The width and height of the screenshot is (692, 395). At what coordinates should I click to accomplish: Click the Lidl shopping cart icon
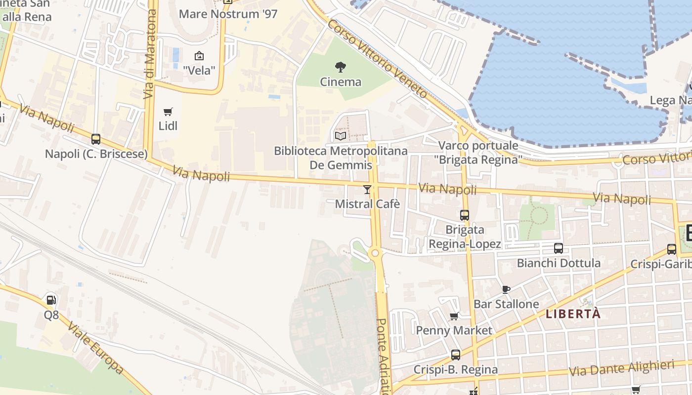point(168,112)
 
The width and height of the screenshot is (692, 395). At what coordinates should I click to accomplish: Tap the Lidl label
point(168,126)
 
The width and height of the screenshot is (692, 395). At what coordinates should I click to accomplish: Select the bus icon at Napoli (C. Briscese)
point(96,139)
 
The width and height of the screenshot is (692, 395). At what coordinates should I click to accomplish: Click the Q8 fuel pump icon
point(51,300)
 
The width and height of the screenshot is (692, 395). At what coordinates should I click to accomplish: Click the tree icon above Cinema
point(341,67)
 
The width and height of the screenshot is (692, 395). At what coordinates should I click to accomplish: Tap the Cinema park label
point(341,81)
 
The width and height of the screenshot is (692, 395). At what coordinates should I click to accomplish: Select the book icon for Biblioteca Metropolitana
point(341,136)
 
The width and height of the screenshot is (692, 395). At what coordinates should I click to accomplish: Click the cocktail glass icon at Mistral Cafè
point(367,189)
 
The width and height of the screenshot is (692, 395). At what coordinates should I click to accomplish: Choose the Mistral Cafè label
point(367,204)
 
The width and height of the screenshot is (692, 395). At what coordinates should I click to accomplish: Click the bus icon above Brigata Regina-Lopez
point(465,215)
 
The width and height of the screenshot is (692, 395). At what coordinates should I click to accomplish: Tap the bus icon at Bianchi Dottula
point(559,248)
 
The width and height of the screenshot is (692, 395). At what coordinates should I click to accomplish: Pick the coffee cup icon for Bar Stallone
point(506,289)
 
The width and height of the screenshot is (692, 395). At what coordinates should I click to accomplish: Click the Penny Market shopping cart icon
point(454,316)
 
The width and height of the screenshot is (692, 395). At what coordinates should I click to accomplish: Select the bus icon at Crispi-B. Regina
point(456,355)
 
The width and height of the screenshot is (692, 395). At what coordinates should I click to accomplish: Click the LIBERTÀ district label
point(573,314)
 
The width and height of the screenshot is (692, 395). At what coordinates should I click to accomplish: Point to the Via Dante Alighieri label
point(622,368)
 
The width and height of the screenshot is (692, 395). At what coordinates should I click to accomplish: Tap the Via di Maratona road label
point(150,54)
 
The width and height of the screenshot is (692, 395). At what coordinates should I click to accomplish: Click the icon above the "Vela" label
point(199,56)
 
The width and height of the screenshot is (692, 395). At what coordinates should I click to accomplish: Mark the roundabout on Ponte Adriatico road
point(375,253)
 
